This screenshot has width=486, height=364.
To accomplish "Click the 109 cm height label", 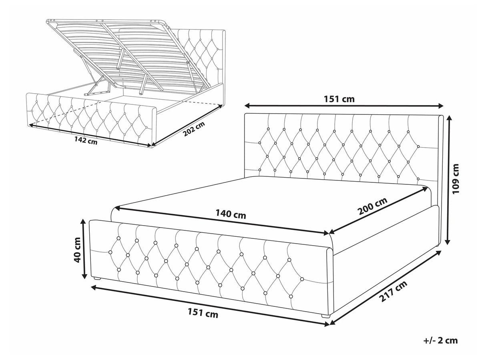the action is tap(456, 179).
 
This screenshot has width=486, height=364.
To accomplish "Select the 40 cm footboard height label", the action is tap(78, 250).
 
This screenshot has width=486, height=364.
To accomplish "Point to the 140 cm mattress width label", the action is tap(231, 214).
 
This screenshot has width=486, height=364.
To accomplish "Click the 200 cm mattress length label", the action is tap(373, 206).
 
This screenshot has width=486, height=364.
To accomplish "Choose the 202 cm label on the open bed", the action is tap(194, 129).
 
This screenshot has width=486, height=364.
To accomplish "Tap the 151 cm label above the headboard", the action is tap(339, 99).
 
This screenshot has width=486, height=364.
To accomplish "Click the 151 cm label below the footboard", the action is tap(203, 313).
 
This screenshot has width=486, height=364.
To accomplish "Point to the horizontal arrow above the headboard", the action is tap(344, 106).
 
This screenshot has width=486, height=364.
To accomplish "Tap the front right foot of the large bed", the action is tap(325, 316).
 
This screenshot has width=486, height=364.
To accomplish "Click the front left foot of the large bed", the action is tap(97, 278).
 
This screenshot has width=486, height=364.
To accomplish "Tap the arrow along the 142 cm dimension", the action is tap(90, 135).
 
